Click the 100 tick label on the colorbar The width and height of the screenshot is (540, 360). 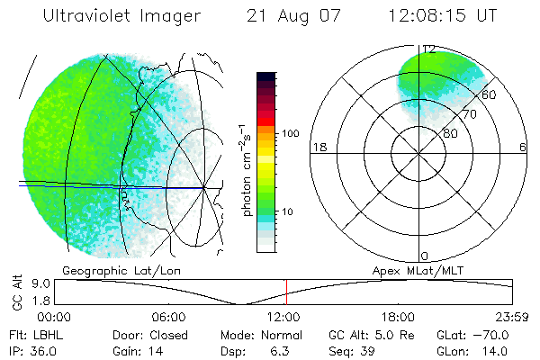290,133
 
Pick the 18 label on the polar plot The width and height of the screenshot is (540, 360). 318,148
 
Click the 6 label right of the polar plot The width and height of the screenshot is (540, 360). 523,148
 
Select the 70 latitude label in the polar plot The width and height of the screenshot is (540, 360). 468,114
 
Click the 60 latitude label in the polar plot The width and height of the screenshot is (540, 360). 488,94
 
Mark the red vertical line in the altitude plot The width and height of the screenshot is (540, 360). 286,292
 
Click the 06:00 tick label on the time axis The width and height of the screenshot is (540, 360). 169,317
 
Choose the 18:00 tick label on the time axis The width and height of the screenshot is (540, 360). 399,317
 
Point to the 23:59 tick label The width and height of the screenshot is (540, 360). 513,317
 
